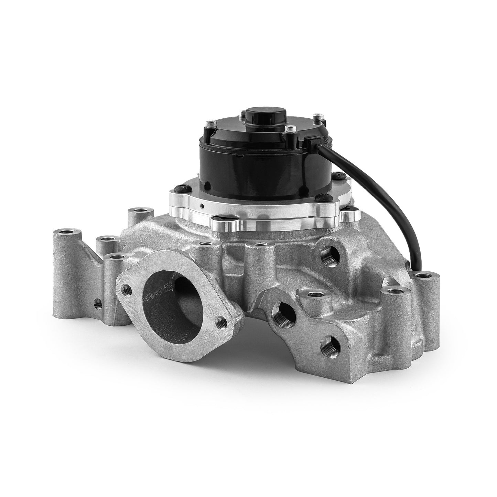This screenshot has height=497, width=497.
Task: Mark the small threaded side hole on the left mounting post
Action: click(x=98, y=303)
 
